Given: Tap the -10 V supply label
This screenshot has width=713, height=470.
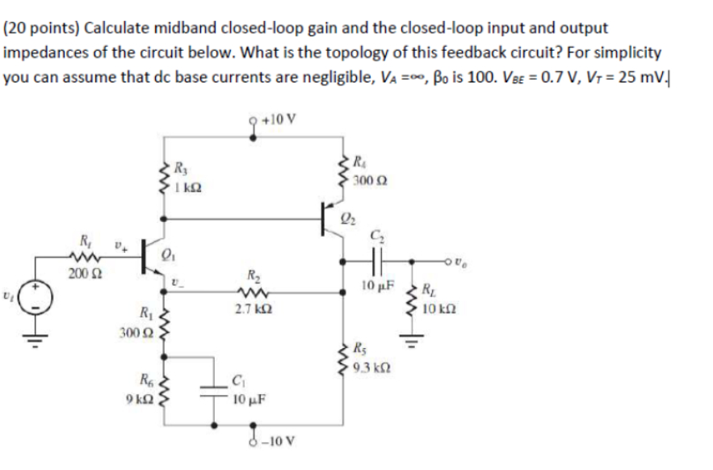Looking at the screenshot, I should [279, 443].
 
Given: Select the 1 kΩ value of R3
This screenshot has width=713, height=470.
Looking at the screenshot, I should [191, 186].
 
